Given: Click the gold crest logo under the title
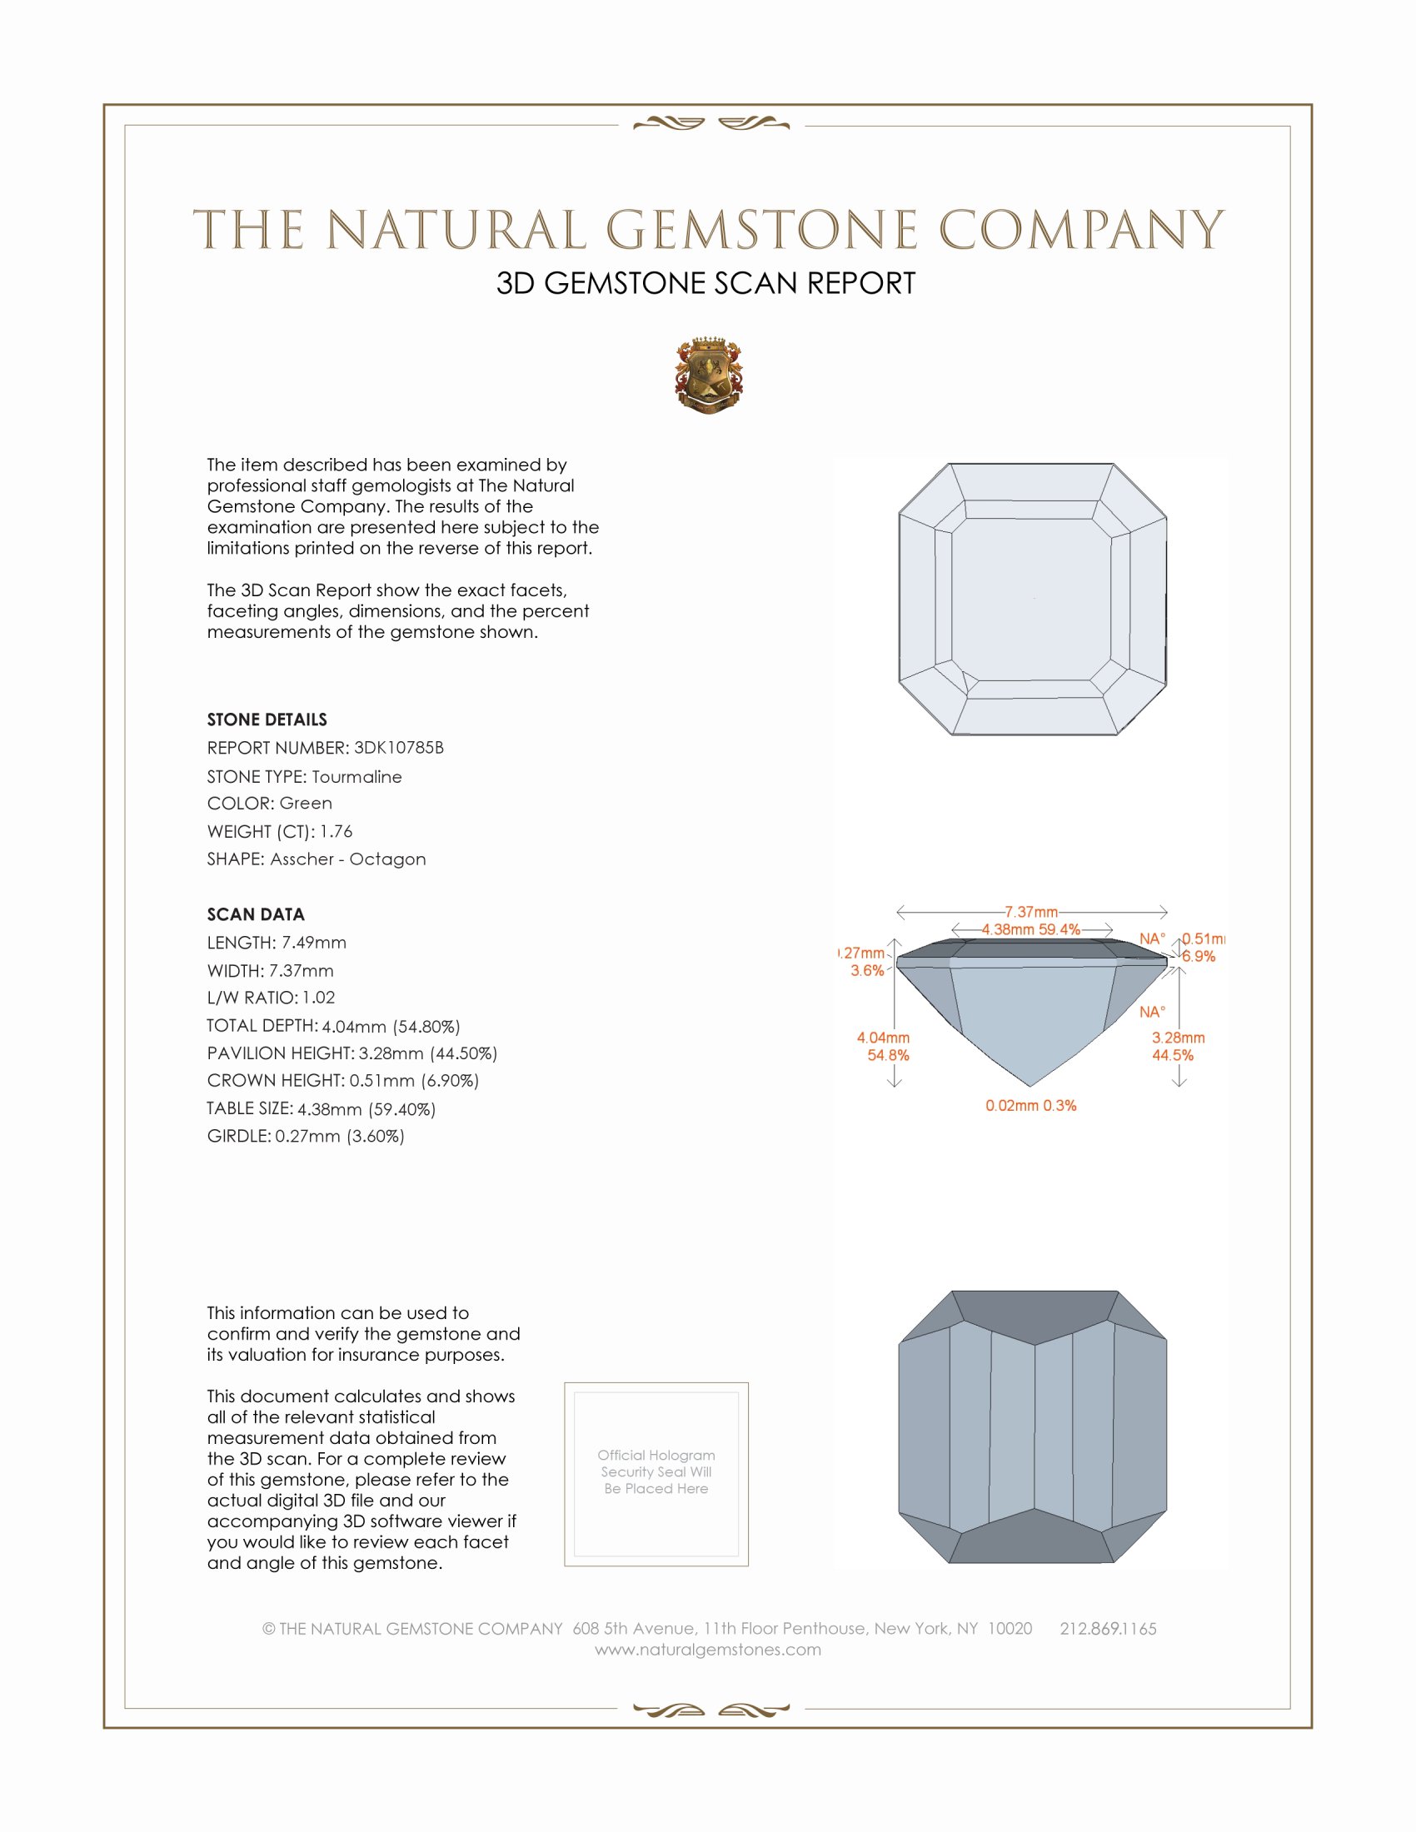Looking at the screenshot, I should [x=709, y=376].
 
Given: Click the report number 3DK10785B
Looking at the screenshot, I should [x=398, y=748].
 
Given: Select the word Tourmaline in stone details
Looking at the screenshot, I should [x=356, y=777].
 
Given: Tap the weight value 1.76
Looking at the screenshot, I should [x=336, y=831].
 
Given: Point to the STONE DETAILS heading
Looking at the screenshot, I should [x=267, y=719].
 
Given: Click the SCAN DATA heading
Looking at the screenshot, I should [x=256, y=914].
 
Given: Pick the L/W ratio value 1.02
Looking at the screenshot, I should [x=319, y=998].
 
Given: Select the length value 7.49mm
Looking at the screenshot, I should [x=314, y=943].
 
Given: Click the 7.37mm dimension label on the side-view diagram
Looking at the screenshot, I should [x=1031, y=912].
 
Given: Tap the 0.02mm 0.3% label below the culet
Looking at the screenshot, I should [x=1031, y=1106].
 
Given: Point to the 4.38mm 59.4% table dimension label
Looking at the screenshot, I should [x=1031, y=929].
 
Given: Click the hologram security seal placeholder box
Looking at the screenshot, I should [x=656, y=1474].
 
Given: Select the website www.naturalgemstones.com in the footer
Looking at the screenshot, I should [x=708, y=1650].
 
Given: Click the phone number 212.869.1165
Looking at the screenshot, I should [x=1108, y=1629].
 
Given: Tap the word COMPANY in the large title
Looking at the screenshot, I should [x=1082, y=230].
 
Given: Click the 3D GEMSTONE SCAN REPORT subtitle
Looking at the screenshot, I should [x=706, y=283].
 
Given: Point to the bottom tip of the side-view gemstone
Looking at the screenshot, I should [x=1031, y=1085].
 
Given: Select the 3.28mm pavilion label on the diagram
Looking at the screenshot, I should [x=1178, y=1038].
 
